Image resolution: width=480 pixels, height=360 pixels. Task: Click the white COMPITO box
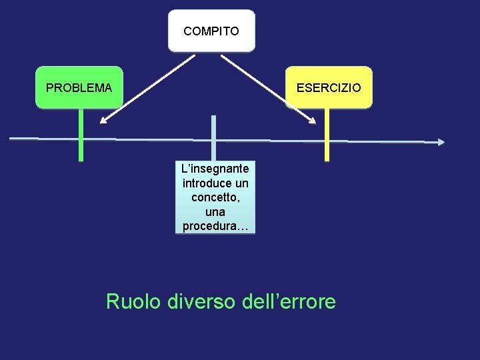(211, 31)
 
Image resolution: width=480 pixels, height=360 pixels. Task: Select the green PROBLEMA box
(79, 87)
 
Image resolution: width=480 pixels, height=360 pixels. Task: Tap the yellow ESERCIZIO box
(329, 87)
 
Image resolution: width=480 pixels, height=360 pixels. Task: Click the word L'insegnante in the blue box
(215, 170)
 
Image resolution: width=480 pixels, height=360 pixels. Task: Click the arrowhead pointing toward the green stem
(103, 121)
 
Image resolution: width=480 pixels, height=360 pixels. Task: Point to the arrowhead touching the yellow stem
(312, 121)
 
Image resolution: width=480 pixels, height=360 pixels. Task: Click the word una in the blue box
(215, 212)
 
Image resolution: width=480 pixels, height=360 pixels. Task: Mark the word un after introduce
(242, 183)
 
